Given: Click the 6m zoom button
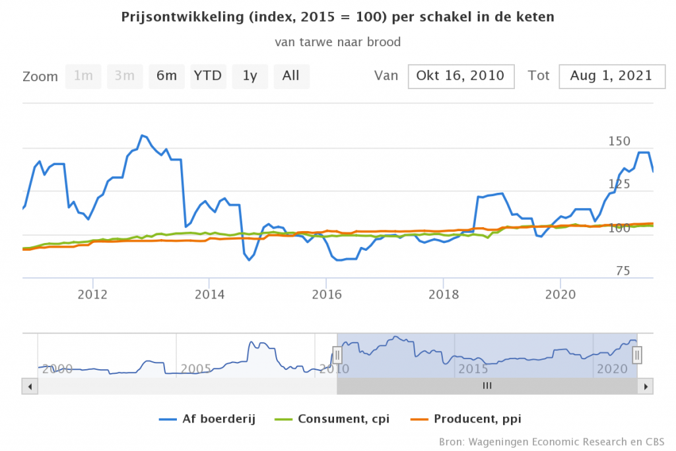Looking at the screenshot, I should point(166,76).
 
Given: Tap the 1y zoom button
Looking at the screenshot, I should point(250,76).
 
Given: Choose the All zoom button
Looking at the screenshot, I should point(291,76).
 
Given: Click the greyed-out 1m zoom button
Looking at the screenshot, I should point(83,76).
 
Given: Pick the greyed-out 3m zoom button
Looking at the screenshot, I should point(125,76).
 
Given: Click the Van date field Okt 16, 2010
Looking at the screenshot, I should point(461,76).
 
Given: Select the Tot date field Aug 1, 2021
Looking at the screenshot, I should point(611,76).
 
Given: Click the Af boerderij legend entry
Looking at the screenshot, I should point(208,419).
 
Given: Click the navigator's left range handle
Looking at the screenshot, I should point(337,355).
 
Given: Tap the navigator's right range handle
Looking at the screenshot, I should point(637,355).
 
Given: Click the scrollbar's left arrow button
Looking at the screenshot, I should point(27,386).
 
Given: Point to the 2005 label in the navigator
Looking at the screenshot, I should point(195,368).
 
